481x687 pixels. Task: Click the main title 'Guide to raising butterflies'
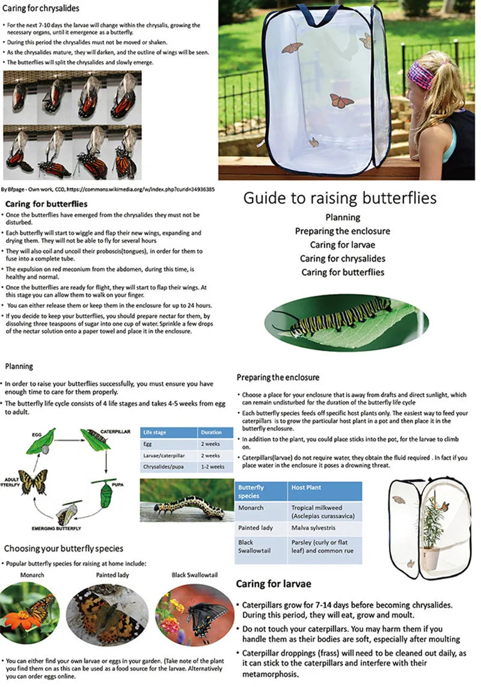coord(340,198)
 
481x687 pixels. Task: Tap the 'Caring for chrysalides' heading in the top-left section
coord(40,8)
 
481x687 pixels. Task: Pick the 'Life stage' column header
coord(155,432)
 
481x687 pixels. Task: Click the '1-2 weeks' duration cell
coord(213,467)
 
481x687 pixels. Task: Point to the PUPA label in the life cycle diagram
coord(118,484)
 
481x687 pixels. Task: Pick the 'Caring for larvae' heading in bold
coord(273,584)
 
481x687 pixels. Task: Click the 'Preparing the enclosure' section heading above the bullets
coord(277,377)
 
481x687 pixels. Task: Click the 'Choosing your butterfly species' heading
coord(64,549)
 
